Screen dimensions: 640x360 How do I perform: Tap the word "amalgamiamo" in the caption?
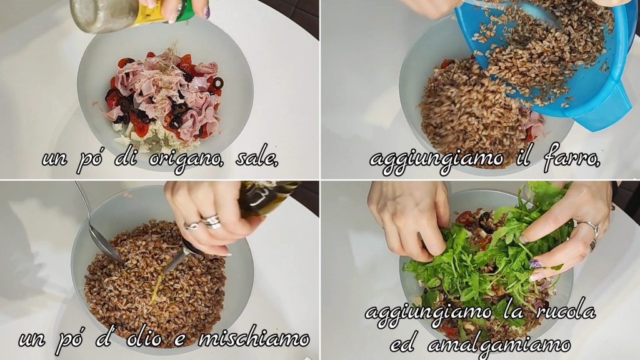(498, 345)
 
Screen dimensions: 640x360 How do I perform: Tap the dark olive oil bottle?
(265, 197)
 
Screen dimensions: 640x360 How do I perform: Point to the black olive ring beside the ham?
(217, 83)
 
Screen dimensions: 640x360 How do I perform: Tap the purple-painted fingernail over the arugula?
(535, 264)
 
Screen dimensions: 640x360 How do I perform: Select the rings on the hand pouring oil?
(203, 223)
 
